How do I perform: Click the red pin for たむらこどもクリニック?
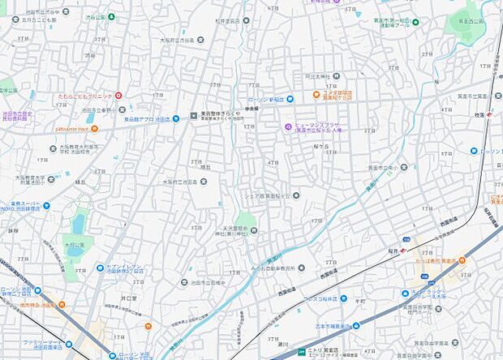pyautogui.click(x=118, y=96)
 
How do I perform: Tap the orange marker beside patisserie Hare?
pyautogui.click(x=95, y=129)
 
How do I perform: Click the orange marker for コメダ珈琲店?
pyautogui.click(x=316, y=94)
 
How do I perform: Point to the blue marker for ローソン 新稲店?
pyautogui.click(x=290, y=99)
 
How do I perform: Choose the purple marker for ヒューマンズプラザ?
pyautogui.click(x=287, y=126)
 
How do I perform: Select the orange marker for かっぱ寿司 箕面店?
pyautogui.click(x=462, y=260)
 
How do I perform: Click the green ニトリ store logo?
pyautogui.click(x=302, y=351)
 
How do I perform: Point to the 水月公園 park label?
pyautogui.click(x=74, y=244)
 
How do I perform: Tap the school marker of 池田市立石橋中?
pyautogui.click(x=185, y=281)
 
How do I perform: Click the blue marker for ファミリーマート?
pyautogui.click(x=68, y=344)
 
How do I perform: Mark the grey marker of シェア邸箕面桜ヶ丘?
pyautogui.click(x=295, y=195)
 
